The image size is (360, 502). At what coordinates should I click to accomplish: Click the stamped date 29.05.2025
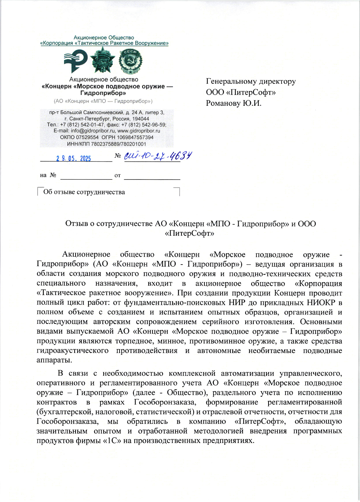click(73, 159)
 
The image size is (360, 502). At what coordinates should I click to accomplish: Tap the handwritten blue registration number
click(158, 156)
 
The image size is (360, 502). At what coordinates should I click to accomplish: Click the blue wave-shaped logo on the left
click(75, 61)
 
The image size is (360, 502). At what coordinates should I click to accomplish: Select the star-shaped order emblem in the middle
click(103, 60)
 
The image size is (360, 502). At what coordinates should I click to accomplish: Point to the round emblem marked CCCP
click(130, 60)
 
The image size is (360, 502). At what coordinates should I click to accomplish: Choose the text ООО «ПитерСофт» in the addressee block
click(240, 92)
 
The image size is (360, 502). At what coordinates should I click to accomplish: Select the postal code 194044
click(141, 119)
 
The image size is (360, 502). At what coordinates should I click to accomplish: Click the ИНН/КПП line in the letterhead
click(107, 144)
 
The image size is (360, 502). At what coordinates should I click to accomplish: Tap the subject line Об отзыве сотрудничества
click(84, 192)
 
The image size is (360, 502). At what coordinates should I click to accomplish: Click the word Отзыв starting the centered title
click(76, 224)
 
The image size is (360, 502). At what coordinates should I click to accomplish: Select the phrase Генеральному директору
click(251, 81)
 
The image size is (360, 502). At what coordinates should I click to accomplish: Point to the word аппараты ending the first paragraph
click(54, 360)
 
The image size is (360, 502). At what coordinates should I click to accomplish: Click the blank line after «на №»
click(86, 176)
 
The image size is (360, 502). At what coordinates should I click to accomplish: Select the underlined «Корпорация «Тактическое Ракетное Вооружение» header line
click(104, 43)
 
